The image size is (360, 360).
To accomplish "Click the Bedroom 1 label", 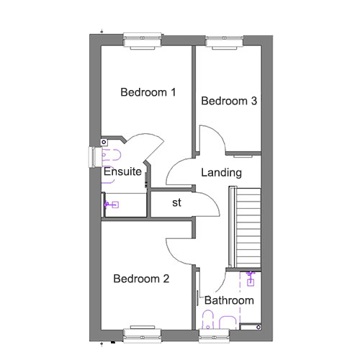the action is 148,92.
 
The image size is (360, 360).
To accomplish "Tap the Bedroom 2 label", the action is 141,279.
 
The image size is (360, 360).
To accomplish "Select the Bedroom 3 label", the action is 229,101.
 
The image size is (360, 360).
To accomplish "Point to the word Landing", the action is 221,173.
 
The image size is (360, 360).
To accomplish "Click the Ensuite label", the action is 122,171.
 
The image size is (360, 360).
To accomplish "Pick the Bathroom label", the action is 229,300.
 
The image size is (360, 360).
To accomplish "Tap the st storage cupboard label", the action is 176,203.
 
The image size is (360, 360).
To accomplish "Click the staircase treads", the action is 248,228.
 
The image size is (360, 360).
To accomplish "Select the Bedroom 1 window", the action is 142,40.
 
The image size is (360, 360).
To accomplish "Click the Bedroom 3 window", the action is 225,41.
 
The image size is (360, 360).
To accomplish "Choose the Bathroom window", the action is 214,336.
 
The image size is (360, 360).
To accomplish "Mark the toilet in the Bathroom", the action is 208,320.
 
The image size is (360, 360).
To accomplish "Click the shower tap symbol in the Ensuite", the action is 111,204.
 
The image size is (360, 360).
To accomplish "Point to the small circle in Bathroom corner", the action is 258,327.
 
